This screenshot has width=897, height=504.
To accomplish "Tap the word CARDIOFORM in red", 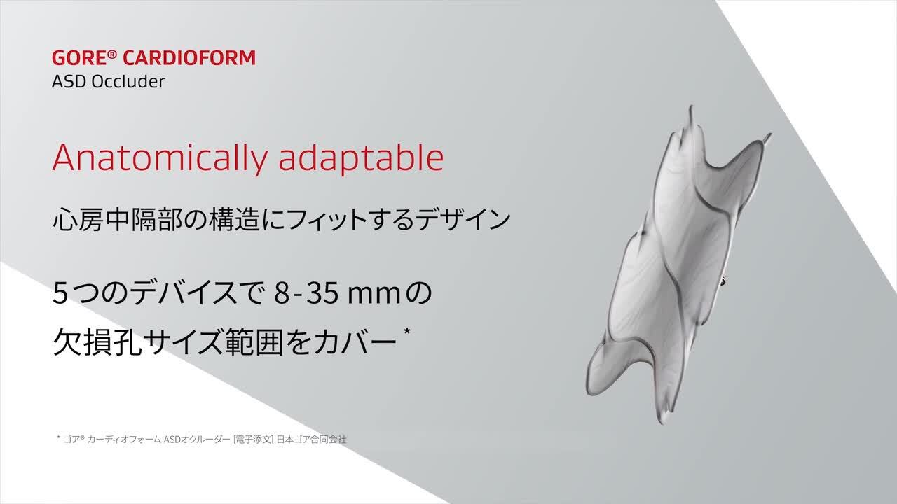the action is click(189, 58).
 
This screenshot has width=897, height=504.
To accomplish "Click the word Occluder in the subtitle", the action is click(128, 82).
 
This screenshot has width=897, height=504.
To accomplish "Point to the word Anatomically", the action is click(159, 159).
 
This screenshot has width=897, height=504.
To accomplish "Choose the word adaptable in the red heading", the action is click(361, 159).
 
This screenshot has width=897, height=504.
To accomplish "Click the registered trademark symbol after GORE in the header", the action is click(112, 55).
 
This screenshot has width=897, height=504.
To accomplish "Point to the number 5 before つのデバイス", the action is click(60, 293).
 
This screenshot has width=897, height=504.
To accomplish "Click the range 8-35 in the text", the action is click(306, 293).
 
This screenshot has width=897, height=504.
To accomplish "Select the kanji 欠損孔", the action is click(97, 342).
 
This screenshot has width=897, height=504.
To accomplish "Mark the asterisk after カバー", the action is click(407, 332).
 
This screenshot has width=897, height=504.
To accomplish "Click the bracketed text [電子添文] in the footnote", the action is click(254, 440).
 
